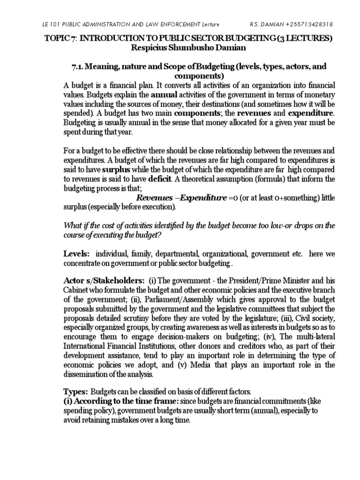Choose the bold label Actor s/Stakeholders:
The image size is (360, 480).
tap(104, 281)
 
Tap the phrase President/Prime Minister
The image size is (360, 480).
tap(268, 281)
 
